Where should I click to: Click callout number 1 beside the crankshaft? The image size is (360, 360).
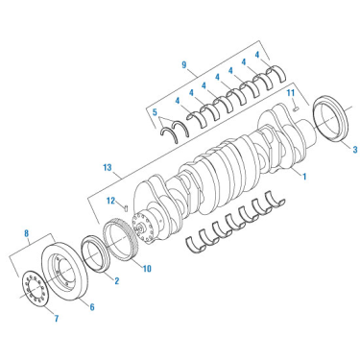(x=304, y=177)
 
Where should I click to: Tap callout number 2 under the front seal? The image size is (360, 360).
(x=116, y=280)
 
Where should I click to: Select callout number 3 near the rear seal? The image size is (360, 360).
(x=353, y=149)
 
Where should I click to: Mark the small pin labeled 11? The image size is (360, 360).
(x=297, y=108)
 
